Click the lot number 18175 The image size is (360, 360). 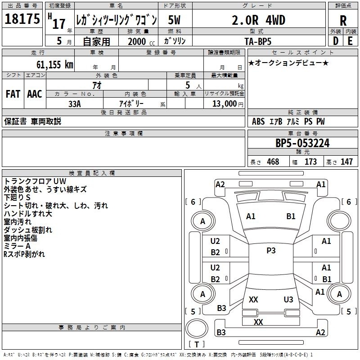pos(22,19)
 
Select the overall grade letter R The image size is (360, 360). pos(343,21)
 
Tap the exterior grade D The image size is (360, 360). pos(336,41)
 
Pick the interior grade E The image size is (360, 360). pos(350,41)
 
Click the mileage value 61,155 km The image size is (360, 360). pos(55,65)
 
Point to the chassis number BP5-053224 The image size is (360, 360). pos(302,143)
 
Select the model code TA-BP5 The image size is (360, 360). pos(258,41)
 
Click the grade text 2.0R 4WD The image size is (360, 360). pos(258,20)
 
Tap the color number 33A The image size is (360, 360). pos(75,104)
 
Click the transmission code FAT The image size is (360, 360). pos(13,94)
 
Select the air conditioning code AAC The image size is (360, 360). pos(35,94)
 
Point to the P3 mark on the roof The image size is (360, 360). pos(271,251)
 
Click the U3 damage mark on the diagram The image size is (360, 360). pos(288,299)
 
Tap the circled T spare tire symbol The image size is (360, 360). pos(197,328)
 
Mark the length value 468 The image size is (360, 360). pos(273,162)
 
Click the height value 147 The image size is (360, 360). pos(346,162)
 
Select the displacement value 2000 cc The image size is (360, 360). pos(141,41)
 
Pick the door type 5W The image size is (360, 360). pos(174,20)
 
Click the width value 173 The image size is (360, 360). pos(310,162)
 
